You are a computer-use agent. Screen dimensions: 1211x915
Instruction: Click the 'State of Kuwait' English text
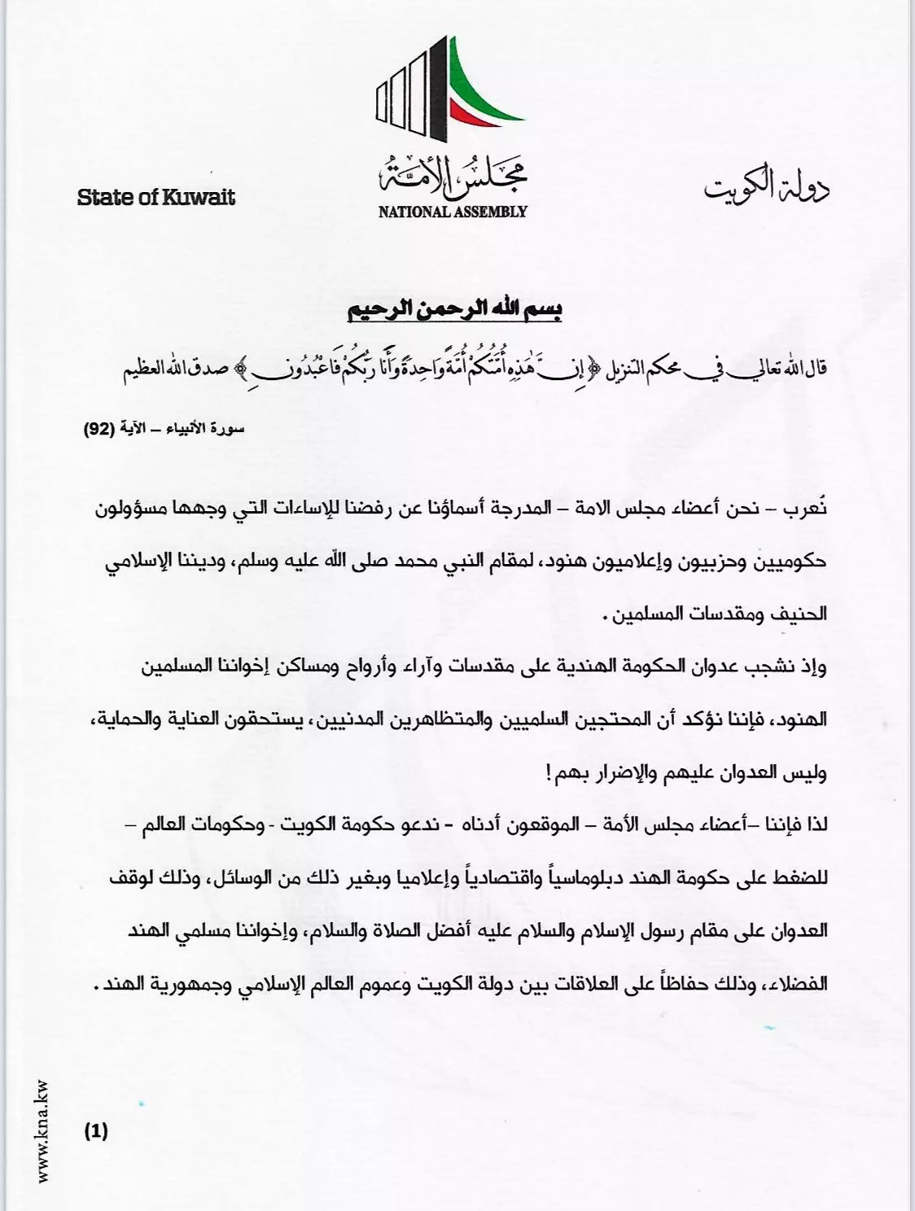click(x=155, y=197)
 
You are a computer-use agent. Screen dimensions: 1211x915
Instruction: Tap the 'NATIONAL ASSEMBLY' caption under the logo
click(x=453, y=212)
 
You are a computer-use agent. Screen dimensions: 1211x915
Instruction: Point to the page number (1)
click(x=95, y=1130)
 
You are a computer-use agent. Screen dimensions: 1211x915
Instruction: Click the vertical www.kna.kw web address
click(x=42, y=1130)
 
